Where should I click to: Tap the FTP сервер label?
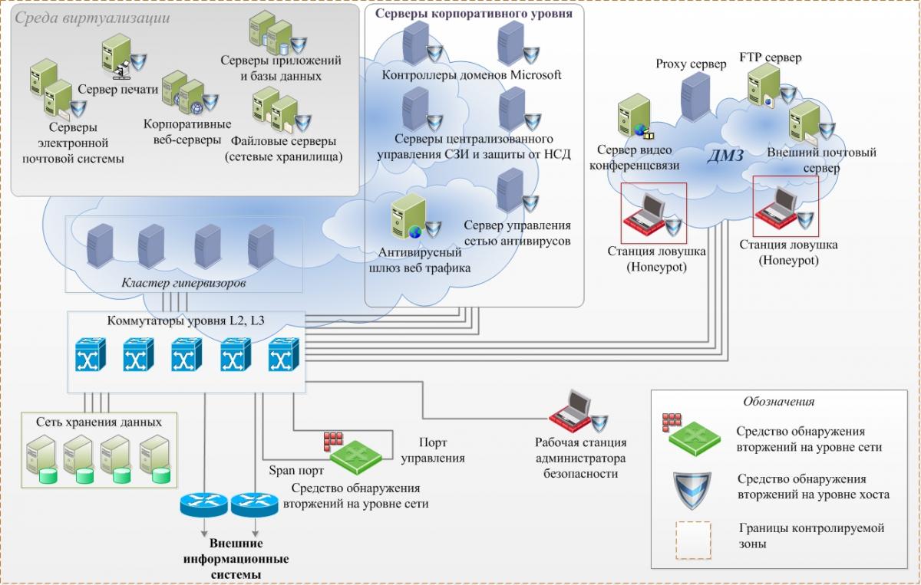(770, 58)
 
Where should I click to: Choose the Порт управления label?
(433, 450)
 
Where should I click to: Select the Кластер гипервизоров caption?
(183, 284)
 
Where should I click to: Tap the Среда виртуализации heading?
(92, 17)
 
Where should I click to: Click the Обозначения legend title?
(778, 401)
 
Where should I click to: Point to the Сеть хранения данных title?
(99, 422)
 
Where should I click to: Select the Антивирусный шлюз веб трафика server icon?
(408, 218)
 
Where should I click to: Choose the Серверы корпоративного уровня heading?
(474, 14)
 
